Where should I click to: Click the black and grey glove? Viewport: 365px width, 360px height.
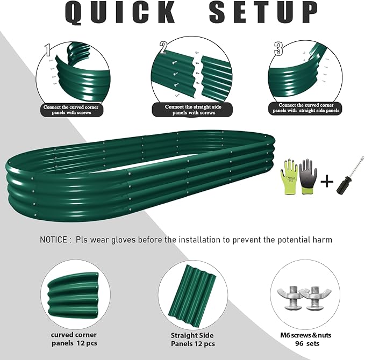pyautogui.click(x=307, y=175)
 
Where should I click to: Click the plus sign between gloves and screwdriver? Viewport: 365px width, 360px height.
pyautogui.click(x=325, y=181)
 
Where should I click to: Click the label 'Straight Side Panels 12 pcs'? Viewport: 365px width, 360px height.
pyautogui.click(x=192, y=340)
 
